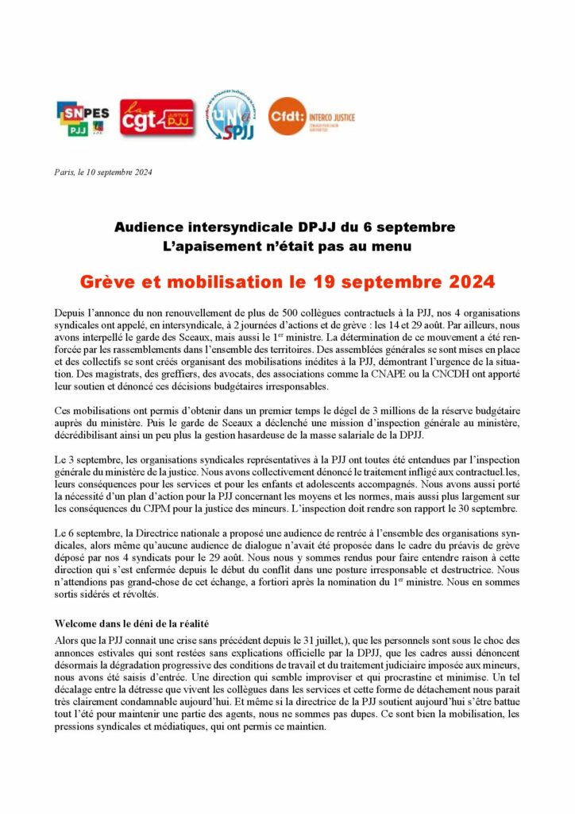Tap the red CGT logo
[x=156, y=118]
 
